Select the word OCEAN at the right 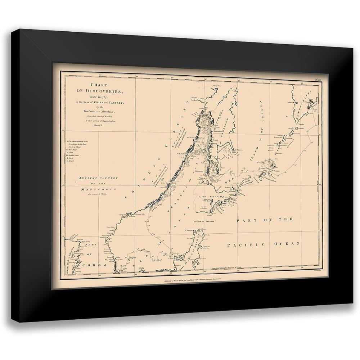click(x=287, y=244)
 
